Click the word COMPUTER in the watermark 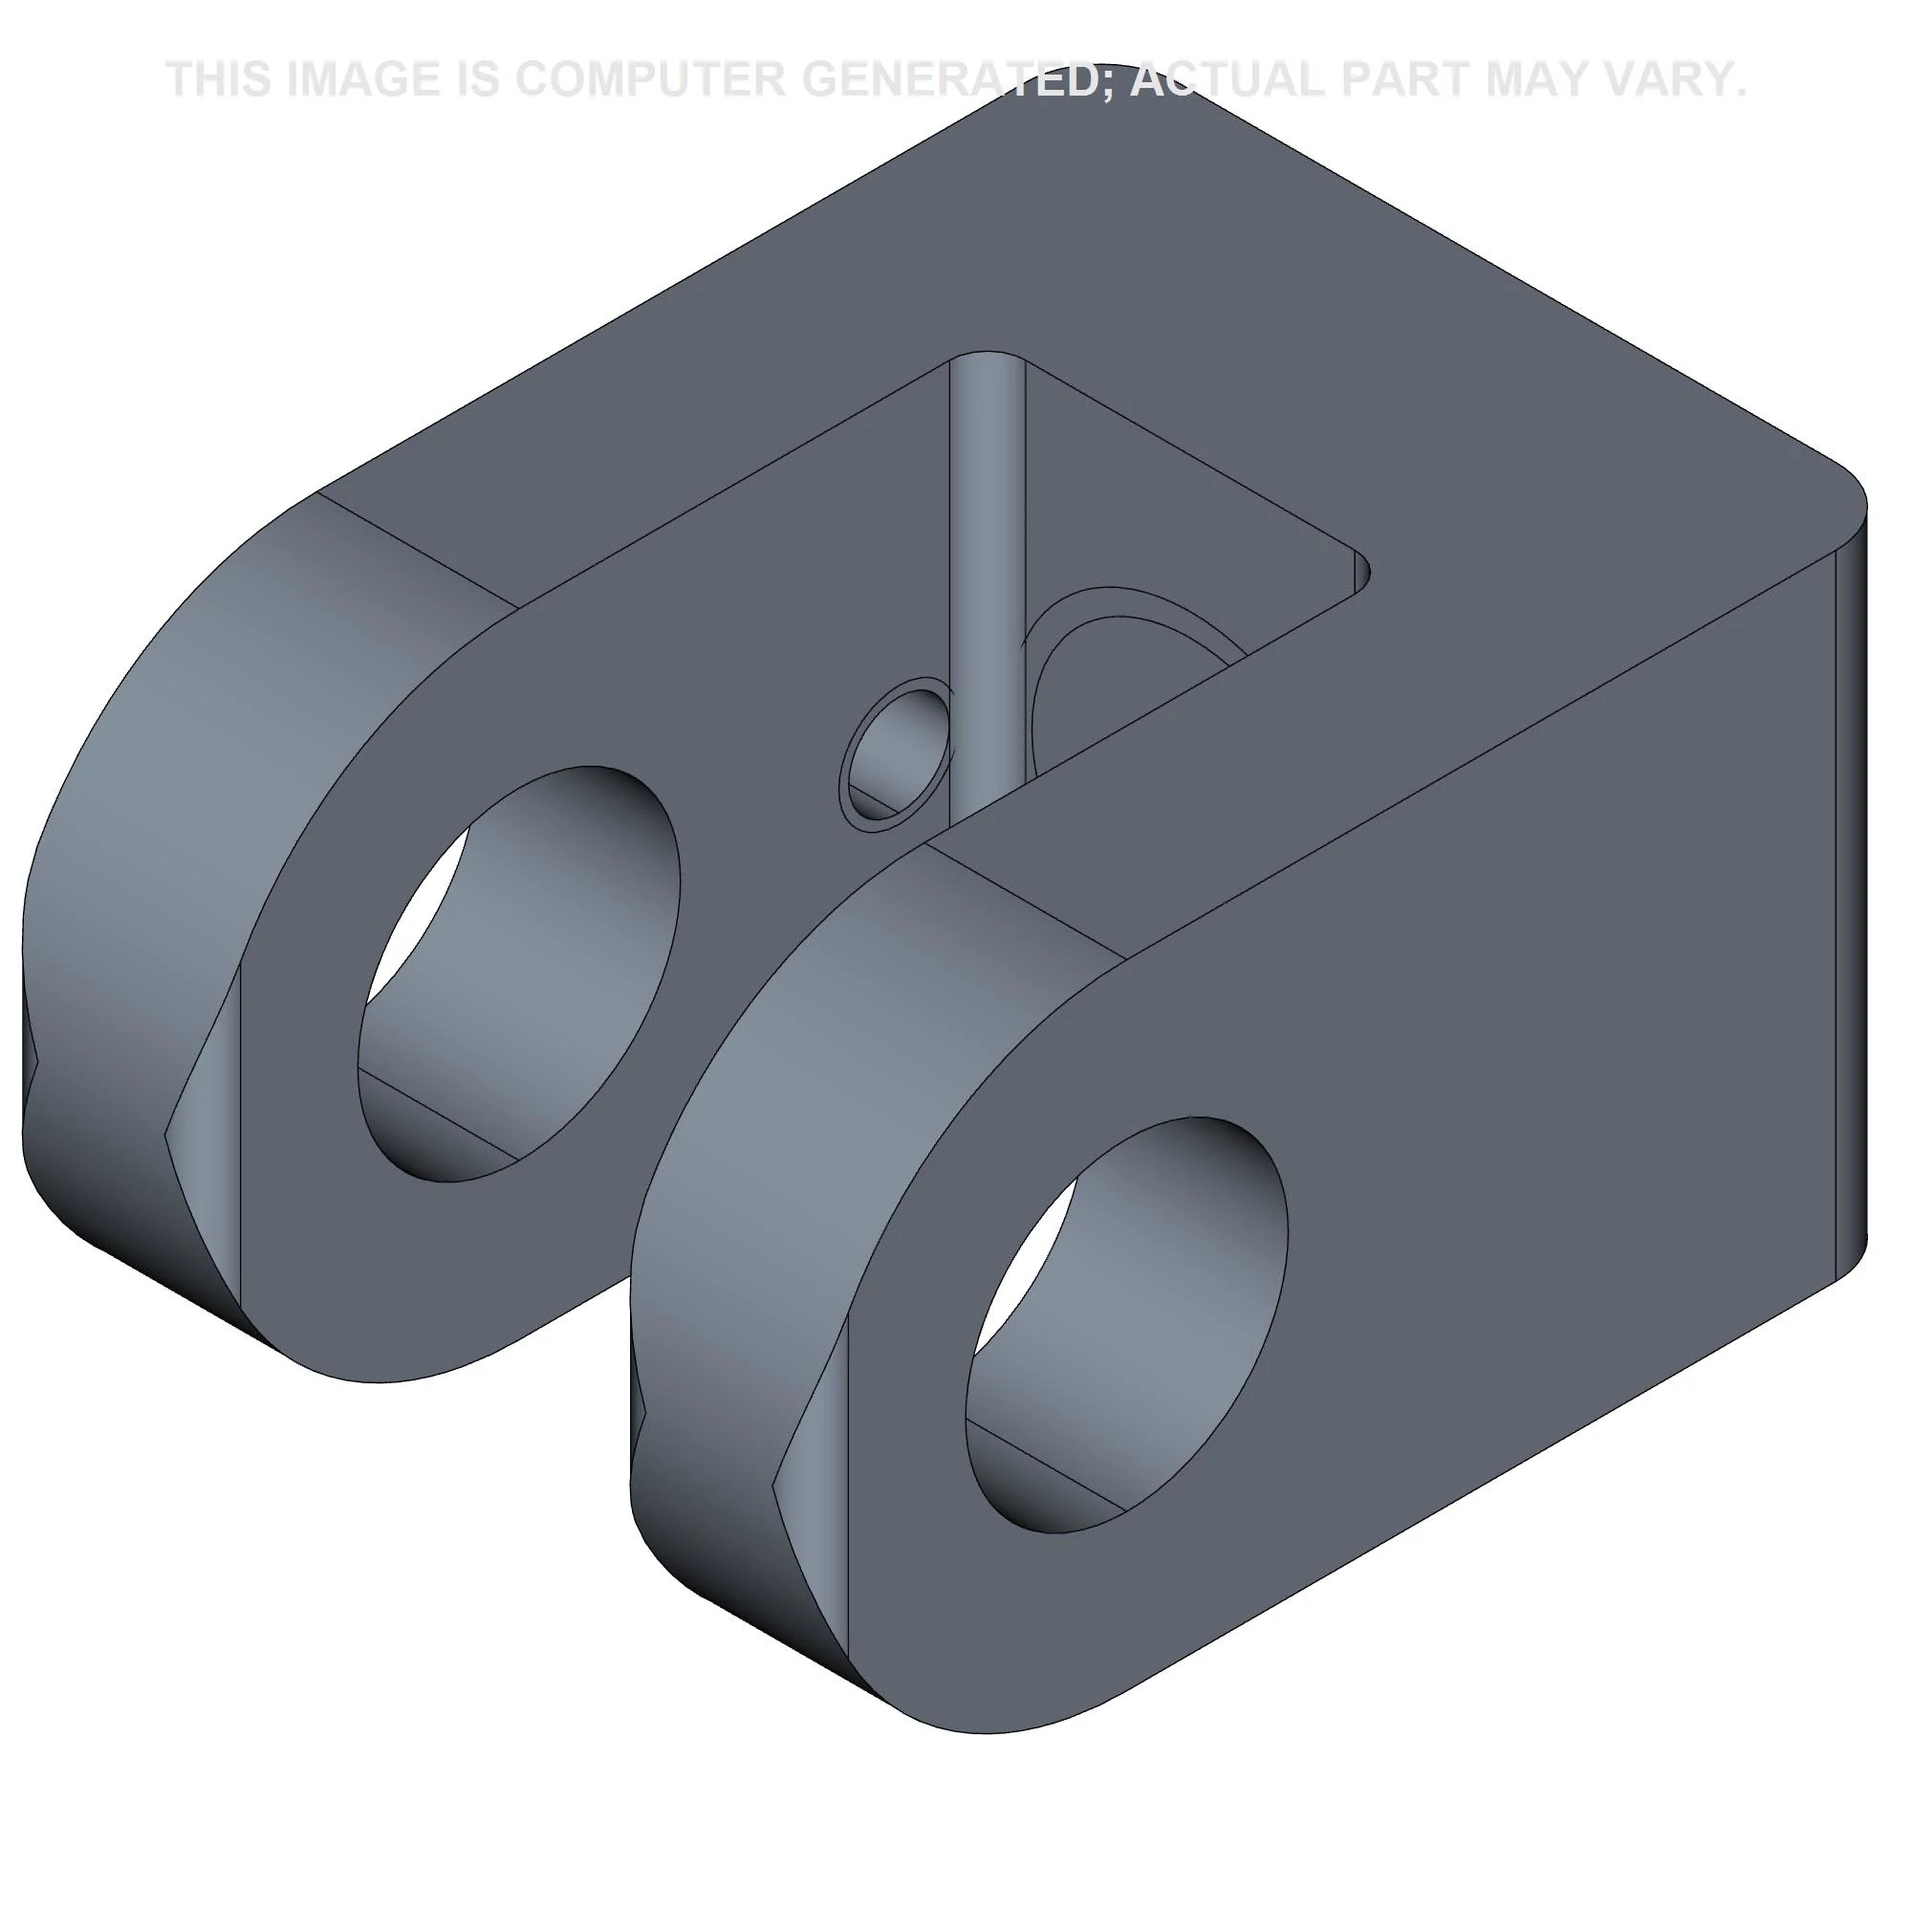pyautogui.click(x=649, y=79)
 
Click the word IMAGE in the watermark pyautogui.click(x=363, y=79)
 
